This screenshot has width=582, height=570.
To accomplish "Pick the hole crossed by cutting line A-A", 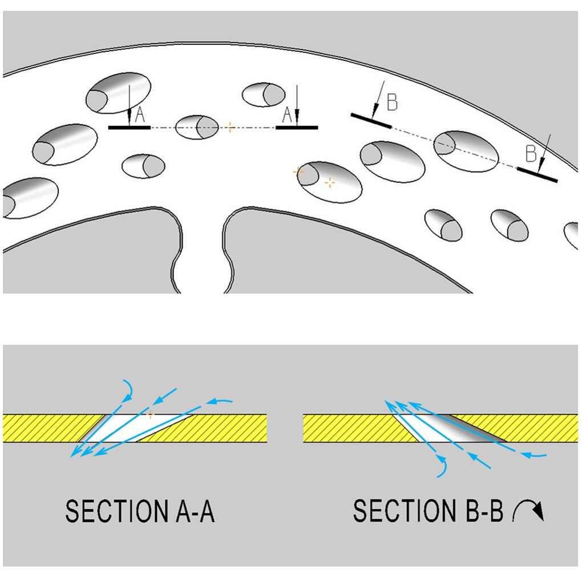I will (197, 127).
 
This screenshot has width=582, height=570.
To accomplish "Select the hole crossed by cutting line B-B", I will (466, 150).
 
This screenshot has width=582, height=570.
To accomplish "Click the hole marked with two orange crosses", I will (331, 181).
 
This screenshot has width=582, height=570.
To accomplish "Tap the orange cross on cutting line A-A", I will (229, 127).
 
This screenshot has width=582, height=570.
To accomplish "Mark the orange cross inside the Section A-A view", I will (151, 415).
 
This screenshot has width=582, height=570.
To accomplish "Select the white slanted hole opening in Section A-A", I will (131, 428).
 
